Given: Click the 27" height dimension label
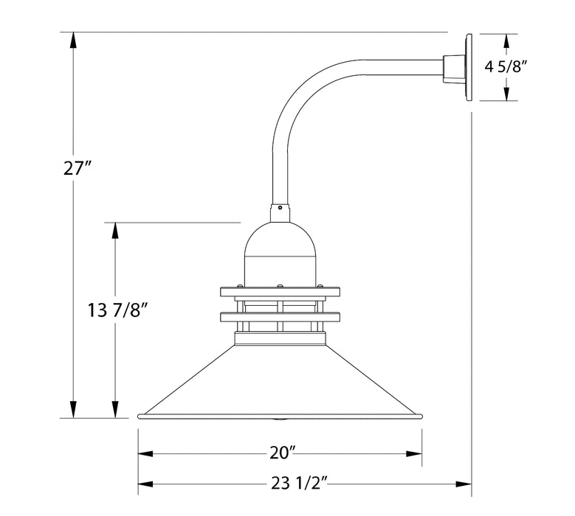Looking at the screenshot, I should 77,169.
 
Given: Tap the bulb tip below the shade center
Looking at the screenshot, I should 280,419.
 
